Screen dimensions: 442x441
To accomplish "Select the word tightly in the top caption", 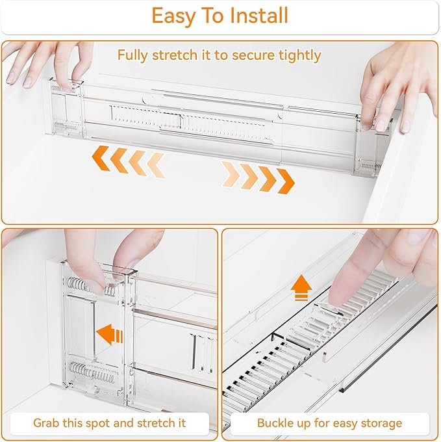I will (x=296, y=55).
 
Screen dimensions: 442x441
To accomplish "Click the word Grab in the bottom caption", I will (x=48, y=423).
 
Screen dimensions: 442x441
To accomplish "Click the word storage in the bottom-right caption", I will (x=377, y=423).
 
